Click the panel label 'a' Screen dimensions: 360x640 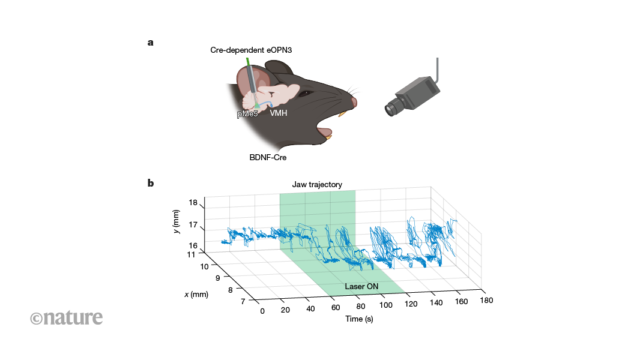pyautogui.click(x=150, y=43)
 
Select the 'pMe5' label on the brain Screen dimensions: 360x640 pyautogui.click(x=247, y=113)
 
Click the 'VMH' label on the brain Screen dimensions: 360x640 pyautogui.click(x=278, y=113)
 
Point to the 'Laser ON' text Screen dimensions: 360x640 pyautogui.click(x=361, y=287)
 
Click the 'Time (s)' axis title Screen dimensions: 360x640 pyautogui.click(x=359, y=319)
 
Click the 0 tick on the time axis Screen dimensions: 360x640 pyautogui.click(x=262, y=311)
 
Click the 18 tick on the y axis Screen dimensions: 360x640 pyautogui.click(x=193, y=203)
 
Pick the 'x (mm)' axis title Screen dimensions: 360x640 pyautogui.click(x=196, y=294)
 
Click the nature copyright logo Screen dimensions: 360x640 pyautogui.click(x=67, y=317)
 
